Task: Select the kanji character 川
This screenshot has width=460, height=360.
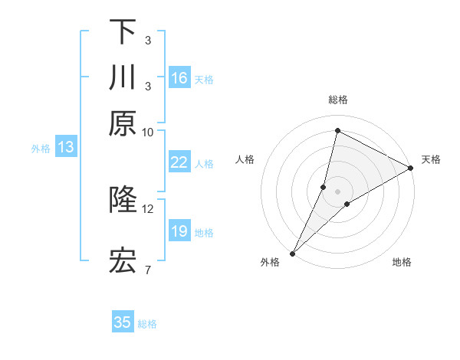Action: (123, 78)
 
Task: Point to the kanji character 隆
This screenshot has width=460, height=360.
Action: (123, 200)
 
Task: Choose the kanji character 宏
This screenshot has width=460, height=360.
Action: (123, 261)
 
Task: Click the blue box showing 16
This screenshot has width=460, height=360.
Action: (179, 78)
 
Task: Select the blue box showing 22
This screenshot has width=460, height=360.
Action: (179, 162)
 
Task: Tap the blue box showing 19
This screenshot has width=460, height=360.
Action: (179, 231)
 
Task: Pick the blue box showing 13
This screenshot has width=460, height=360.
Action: (66, 148)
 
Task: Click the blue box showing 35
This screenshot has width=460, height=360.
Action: (123, 322)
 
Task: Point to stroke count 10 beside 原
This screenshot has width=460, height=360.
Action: (148, 132)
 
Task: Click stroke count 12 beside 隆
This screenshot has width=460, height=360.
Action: (148, 208)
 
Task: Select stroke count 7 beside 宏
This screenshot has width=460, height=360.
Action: (148, 270)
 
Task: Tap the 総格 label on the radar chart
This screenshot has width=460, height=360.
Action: (337, 100)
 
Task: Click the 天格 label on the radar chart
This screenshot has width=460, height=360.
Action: (431, 159)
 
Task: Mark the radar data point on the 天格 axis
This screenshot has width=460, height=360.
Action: (411, 168)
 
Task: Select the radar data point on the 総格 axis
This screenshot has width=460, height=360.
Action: (337, 129)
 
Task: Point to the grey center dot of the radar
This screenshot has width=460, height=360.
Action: (337, 191)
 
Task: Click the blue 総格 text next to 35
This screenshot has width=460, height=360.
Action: (147, 324)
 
